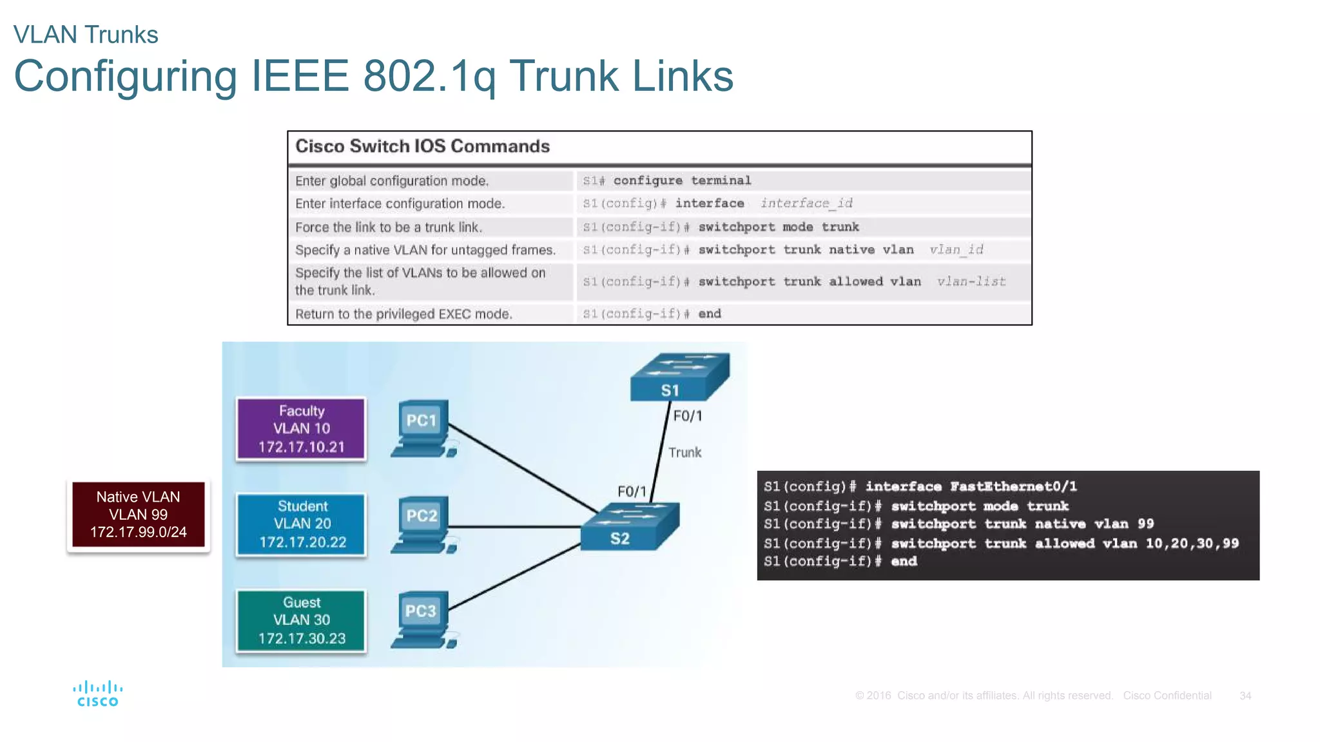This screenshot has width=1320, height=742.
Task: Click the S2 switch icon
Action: pyautogui.click(x=629, y=526)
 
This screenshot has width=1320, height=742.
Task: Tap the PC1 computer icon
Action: pyautogui.click(x=423, y=429)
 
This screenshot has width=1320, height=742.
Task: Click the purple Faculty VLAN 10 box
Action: pyautogui.click(x=301, y=429)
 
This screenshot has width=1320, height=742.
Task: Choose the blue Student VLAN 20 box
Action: pyautogui.click(x=301, y=524)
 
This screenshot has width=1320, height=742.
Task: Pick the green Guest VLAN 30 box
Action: pyautogui.click(x=301, y=620)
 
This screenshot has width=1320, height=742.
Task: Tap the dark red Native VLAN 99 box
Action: pyautogui.click(x=138, y=515)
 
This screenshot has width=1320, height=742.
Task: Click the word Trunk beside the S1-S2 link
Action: pyautogui.click(x=684, y=453)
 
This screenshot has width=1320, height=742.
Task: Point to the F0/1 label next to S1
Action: pyautogui.click(x=688, y=416)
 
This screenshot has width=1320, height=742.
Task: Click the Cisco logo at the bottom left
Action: pyautogui.click(x=97, y=694)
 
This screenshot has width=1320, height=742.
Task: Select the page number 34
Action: pyautogui.click(x=1245, y=696)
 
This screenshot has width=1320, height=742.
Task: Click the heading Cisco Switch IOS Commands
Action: pyautogui.click(x=422, y=146)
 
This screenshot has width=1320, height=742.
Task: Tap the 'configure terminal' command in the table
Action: pyautogui.click(x=682, y=181)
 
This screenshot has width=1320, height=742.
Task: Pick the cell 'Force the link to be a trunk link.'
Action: pyautogui.click(x=389, y=227)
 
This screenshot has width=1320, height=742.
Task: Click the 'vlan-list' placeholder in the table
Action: pyautogui.click(x=971, y=281)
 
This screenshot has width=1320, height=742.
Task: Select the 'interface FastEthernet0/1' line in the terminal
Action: pyautogui.click(x=971, y=487)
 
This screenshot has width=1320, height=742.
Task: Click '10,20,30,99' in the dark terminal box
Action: pyautogui.click(x=1192, y=544)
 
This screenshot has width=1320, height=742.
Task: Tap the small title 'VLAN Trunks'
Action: pyautogui.click(x=86, y=35)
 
